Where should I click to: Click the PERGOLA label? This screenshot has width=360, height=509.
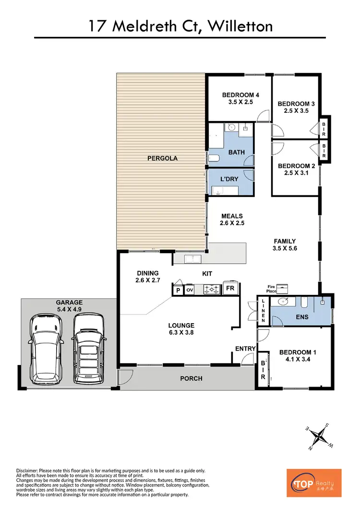[x=162, y=158]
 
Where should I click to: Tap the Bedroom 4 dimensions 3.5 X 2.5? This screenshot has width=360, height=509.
[x=238, y=102]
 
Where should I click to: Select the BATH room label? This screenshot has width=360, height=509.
[x=237, y=152]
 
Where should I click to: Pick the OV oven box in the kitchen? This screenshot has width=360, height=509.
[x=189, y=290]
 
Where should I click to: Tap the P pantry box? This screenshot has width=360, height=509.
[x=178, y=290]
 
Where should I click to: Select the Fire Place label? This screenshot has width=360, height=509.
[x=272, y=289]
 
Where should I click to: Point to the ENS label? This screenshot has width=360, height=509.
[x=302, y=317]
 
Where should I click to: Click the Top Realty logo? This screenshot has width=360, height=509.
[x=314, y=483]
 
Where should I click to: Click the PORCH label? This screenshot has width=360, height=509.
[x=191, y=378]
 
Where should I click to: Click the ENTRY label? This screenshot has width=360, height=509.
[x=244, y=348]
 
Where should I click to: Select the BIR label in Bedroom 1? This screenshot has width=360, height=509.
[x=263, y=367]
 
